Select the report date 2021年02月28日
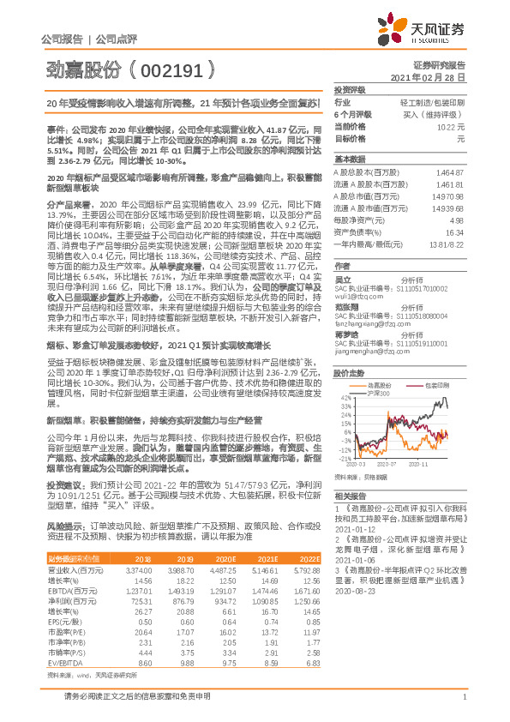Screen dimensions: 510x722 (x=433, y=77)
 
